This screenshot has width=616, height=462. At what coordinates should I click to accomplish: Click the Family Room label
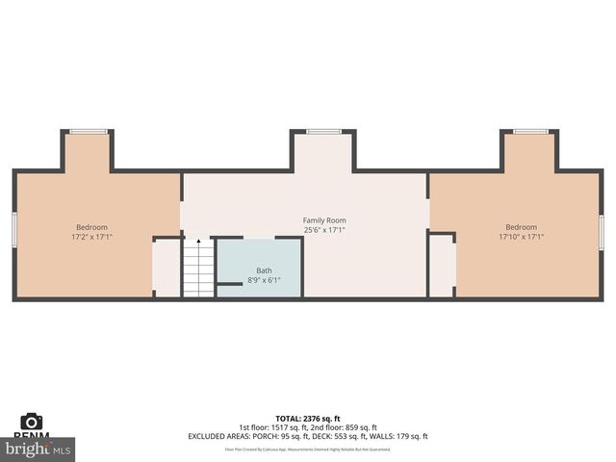click(324, 220)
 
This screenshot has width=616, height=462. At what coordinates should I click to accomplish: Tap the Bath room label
click(264, 270)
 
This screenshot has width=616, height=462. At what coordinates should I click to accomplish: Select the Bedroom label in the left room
click(91, 227)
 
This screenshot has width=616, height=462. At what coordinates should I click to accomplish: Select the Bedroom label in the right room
click(521, 227)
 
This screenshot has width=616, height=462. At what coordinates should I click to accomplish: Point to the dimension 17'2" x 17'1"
click(91, 237)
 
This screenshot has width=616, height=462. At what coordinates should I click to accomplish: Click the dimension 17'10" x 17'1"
click(521, 237)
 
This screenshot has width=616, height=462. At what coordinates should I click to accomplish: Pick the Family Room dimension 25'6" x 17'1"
click(324, 230)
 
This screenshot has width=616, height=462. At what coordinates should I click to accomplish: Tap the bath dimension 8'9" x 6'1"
click(264, 280)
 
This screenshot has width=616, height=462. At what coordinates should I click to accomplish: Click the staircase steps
click(198, 271)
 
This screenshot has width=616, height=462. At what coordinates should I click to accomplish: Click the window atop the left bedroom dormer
click(88, 131)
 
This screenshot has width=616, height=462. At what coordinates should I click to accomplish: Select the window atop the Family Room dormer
click(323, 131)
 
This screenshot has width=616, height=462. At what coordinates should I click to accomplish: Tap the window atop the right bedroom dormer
click(530, 131)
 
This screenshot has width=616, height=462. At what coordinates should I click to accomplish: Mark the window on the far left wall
click(14, 231)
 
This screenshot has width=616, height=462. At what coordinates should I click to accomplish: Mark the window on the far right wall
click(602, 231)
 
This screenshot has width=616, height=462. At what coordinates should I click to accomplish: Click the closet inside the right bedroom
click(442, 266)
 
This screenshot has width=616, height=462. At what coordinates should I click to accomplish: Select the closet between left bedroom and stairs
click(166, 268)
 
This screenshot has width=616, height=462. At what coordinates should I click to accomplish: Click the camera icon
click(32, 421)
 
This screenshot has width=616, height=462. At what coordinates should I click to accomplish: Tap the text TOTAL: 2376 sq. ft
click(308, 419)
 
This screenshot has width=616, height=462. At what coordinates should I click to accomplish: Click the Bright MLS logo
click(38, 449)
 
